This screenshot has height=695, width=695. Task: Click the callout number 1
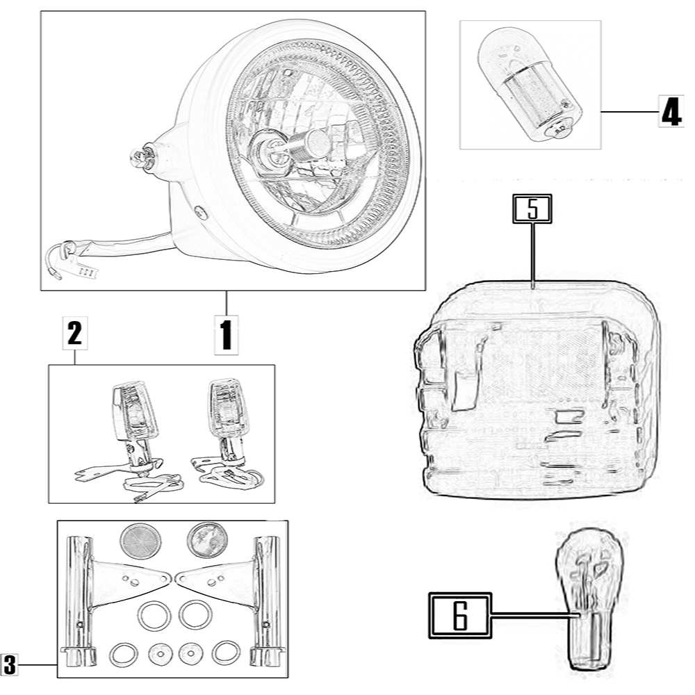tap(226, 334)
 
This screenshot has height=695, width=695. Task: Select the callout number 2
tap(74, 335)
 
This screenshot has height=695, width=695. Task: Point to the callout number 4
tap(670, 111)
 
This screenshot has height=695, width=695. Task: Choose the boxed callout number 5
tap(532, 209)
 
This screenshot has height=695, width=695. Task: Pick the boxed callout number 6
tap(459, 614)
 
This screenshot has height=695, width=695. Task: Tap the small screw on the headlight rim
tap(201, 213)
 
